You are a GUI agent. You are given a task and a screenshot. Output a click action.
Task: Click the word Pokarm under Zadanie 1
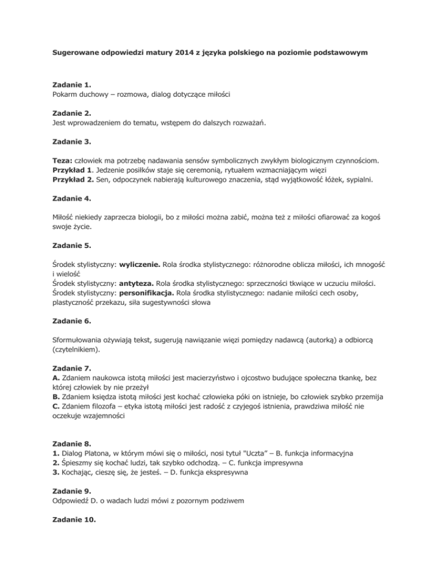(60, 95)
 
